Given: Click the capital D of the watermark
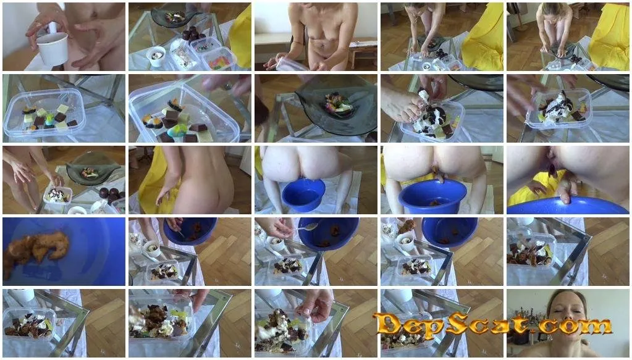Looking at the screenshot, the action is (388, 324).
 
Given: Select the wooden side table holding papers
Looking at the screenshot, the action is (363, 51).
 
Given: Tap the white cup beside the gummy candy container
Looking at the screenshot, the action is (156, 56).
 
